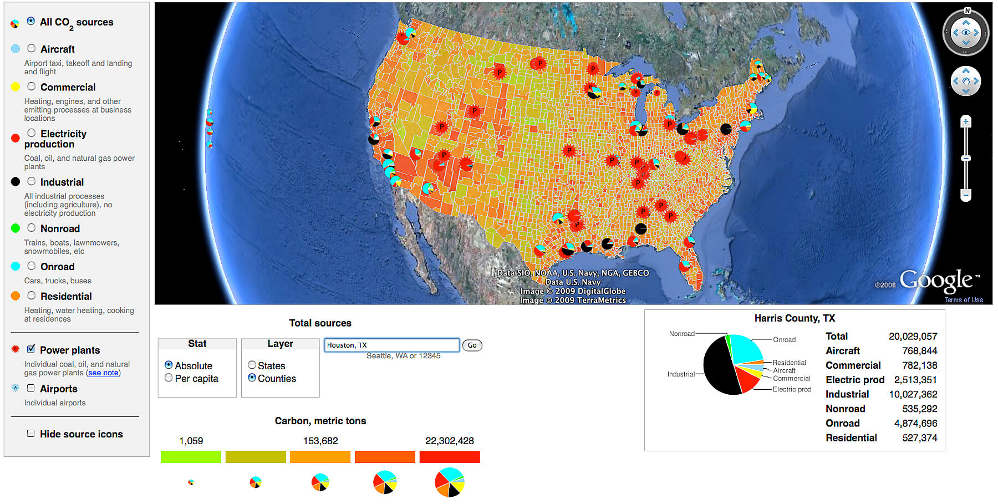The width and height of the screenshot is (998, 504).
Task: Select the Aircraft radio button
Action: (32, 49)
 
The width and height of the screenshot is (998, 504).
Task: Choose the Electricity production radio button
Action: (32, 133)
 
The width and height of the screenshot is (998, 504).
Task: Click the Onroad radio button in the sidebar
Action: (32, 266)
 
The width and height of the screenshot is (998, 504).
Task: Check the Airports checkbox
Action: (31, 388)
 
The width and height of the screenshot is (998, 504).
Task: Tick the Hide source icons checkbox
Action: (31, 434)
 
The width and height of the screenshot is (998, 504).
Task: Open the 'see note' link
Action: (103, 373)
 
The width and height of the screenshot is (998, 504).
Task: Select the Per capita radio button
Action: (169, 378)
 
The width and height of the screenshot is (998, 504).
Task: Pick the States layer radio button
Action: (252, 365)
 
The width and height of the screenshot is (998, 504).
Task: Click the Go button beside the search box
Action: (472, 345)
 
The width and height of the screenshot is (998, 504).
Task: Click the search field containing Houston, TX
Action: (391, 345)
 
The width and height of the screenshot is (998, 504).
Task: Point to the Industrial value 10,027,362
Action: (913, 394)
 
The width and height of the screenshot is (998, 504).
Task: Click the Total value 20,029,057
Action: (913, 337)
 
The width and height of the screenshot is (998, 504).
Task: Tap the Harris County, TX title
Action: (794, 318)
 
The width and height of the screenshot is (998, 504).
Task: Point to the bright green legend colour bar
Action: (191, 457)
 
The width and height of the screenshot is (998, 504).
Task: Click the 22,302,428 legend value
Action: (449, 441)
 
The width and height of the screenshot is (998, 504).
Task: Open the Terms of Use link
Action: (964, 300)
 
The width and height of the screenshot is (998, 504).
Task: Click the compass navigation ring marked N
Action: (966, 32)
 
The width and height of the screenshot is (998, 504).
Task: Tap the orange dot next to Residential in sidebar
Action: (16, 296)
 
